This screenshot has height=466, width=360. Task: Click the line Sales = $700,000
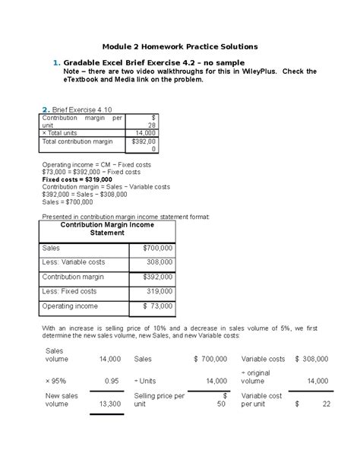pos(68,202)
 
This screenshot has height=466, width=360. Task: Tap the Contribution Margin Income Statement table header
pos(106,229)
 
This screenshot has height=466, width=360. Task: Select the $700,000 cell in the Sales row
pos(157,249)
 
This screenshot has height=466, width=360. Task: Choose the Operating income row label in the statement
pos(71,306)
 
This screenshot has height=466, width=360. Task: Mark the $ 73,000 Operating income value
pos(157,306)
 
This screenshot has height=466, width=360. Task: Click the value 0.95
pos(111,381)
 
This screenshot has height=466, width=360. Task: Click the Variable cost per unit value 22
pos(326,404)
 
